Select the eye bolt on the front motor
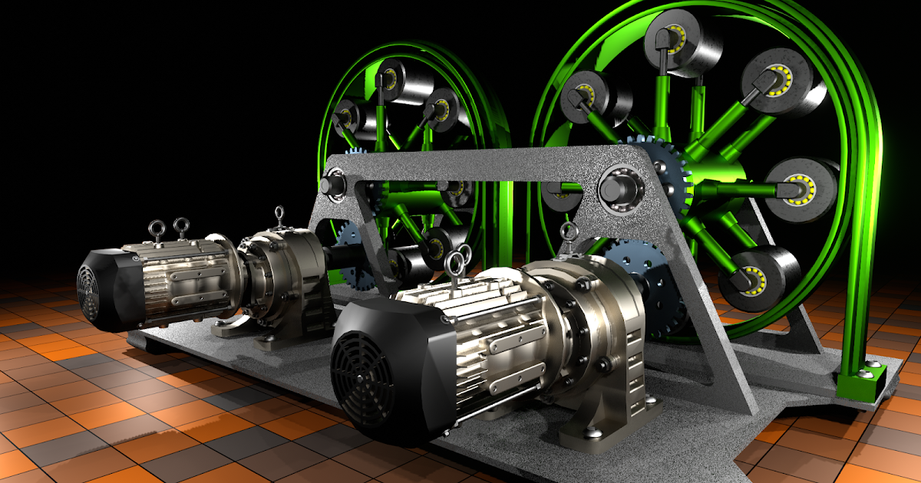pyautogui.click(x=454, y=263)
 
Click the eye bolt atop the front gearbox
pyautogui.click(x=568, y=231)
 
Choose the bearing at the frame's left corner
pyautogui.click(x=335, y=186)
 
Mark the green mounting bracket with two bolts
pyautogui.click(x=861, y=381)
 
